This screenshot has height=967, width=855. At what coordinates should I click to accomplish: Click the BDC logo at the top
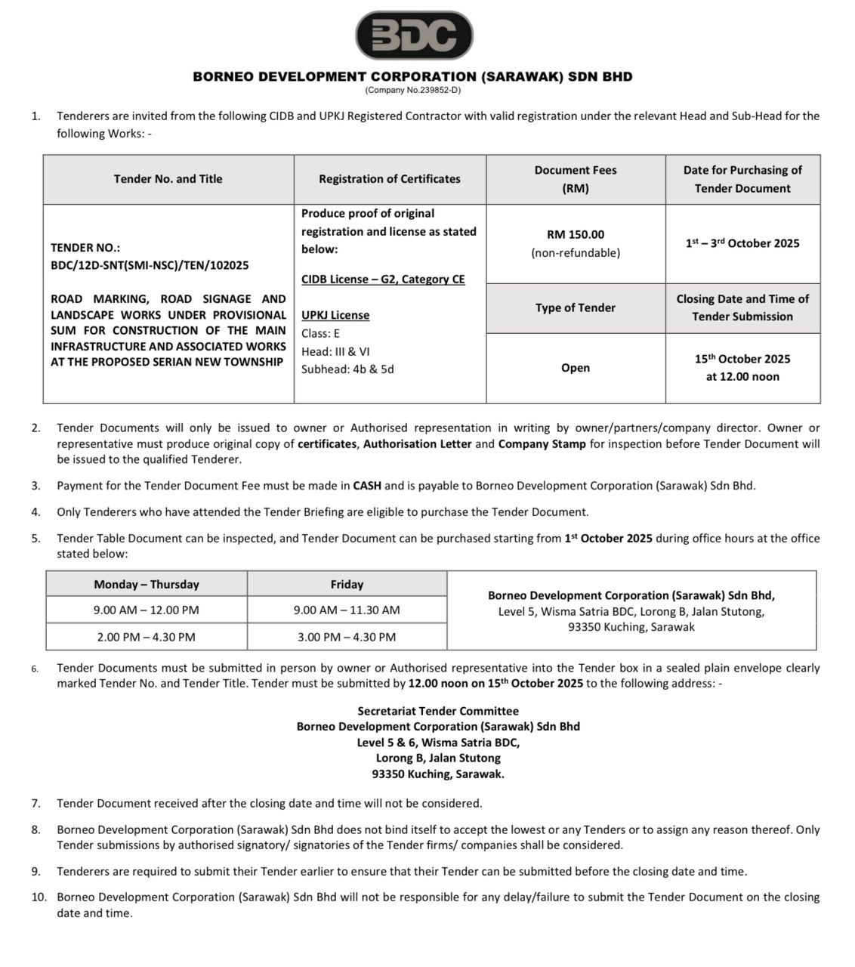pyautogui.click(x=414, y=36)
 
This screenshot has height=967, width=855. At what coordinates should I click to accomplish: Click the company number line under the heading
pyautogui.click(x=412, y=90)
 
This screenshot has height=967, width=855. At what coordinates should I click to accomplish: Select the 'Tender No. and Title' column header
pyautogui.click(x=168, y=179)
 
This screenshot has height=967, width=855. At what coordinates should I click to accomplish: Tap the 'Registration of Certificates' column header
pyautogui.click(x=389, y=179)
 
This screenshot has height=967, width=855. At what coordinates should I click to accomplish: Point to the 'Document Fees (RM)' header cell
pyautogui.click(x=576, y=179)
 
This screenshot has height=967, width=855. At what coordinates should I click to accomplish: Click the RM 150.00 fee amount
pyautogui.click(x=576, y=235)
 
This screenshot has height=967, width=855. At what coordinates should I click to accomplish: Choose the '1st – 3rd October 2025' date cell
pyautogui.click(x=742, y=243)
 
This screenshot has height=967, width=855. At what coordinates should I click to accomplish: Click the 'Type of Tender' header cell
pyautogui.click(x=576, y=307)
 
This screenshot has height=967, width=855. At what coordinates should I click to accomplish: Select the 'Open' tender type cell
pyautogui.click(x=576, y=368)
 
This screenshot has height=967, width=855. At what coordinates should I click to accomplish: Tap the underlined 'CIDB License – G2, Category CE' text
pyautogui.click(x=383, y=280)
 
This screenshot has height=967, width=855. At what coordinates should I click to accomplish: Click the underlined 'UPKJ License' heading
pyautogui.click(x=335, y=315)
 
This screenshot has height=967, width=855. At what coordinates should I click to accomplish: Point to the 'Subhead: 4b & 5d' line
pyautogui.click(x=347, y=369)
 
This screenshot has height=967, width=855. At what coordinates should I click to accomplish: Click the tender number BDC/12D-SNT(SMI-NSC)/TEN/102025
pyautogui.click(x=150, y=265)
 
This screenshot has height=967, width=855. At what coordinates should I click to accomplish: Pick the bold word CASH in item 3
pyautogui.click(x=367, y=486)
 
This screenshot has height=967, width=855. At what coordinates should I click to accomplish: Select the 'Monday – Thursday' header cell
pyautogui.click(x=147, y=584)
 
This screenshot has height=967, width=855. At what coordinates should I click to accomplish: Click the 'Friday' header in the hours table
pyautogui.click(x=347, y=584)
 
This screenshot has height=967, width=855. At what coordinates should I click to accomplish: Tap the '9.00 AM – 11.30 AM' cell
pyautogui.click(x=347, y=610)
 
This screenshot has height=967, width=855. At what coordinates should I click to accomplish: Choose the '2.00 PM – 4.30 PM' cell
pyautogui.click(x=147, y=637)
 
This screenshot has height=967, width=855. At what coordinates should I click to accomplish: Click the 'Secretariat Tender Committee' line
pyautogui.click(x=438, y=711)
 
